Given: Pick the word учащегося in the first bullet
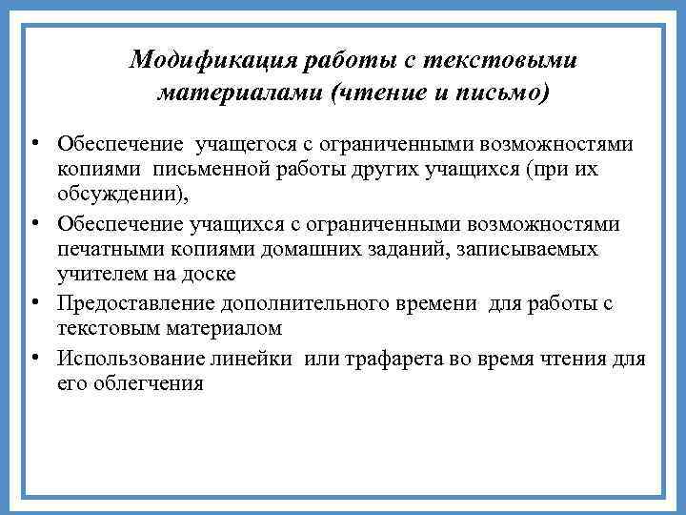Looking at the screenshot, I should pyautogui.click(x=243, y=146).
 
